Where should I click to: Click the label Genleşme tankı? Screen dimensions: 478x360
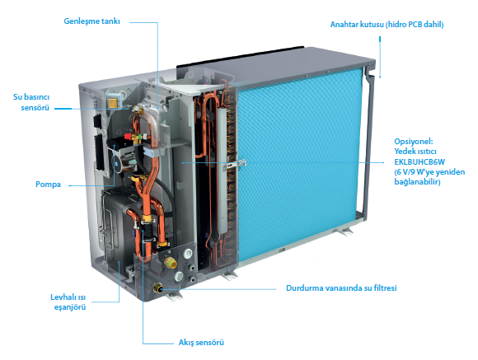[x=91, y=21]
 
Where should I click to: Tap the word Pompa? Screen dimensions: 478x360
[x=48, y=185]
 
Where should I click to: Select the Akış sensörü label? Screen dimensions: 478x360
[x=201, y=343]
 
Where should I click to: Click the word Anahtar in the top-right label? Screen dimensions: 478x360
[x=344, y=25]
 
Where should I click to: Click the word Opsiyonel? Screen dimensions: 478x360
[x=414, y=142]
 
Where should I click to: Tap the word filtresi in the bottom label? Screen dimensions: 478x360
[x=384, y=288]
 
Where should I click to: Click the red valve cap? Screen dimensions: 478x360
[x=129, y=135]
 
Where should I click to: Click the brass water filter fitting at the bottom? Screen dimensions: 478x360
[x=158, y=288]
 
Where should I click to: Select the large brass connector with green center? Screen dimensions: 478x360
[x=169, y=263]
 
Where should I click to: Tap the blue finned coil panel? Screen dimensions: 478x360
[x=298, y=165]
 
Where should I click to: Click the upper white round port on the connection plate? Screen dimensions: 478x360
[x=188, y=253]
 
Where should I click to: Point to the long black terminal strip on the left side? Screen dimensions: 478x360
[x=99, y=152]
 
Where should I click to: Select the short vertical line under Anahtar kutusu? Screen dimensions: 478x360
[x=380, y=57]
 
